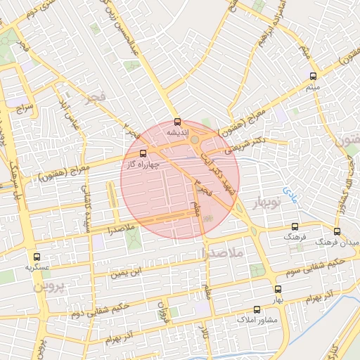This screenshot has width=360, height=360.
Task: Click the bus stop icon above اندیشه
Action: click(176, 120)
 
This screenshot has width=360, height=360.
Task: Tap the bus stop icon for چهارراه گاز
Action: click(143, 153)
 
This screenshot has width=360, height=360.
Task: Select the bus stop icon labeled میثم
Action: click(313, 76)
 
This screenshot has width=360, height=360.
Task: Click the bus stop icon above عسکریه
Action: click(37, 257)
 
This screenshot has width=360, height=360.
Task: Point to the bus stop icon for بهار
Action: click(278, 288)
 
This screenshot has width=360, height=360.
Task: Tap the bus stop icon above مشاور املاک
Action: click(257, 309)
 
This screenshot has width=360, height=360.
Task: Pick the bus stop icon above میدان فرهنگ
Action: click(337, 231)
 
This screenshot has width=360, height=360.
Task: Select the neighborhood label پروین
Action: click(49, 287)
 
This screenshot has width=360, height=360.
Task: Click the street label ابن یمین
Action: click(129, 270)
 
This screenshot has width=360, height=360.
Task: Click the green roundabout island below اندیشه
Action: click(193, 139)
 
